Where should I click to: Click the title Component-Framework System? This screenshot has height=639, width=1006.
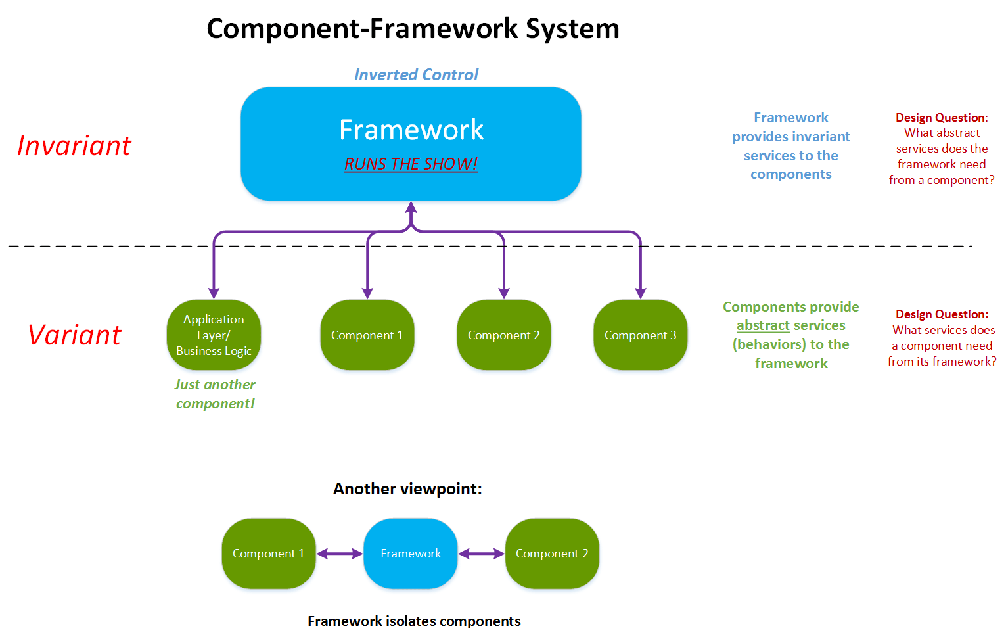point(413,30)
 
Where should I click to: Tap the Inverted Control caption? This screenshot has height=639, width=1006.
point(417,74)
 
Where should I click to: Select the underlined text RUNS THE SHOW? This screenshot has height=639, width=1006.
point(411,164)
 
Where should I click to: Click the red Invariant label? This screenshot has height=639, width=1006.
point(74,146)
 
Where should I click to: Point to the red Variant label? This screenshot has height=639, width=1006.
point(75,335)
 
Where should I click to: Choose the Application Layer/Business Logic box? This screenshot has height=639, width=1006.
point(214,335)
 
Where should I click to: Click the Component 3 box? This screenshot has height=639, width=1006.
point(640,335)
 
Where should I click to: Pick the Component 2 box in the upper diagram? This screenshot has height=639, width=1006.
point(503,335)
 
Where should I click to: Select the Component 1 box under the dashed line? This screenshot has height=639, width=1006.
point(367,335)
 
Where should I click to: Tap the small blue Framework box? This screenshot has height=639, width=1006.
point(411,554)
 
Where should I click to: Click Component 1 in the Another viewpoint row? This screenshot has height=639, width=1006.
point(268,554)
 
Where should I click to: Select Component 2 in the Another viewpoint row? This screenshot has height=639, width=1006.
point(552,554)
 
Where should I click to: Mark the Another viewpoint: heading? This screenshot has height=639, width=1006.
point(407,488)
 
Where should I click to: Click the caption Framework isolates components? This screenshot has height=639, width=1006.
point(414,621)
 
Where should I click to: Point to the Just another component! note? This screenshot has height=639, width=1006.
point(215,394)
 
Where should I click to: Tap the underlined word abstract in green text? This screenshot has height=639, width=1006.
point(763,325)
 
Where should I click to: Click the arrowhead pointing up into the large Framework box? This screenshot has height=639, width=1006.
point(411,208)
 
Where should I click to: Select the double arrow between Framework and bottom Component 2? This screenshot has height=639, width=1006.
point(481,554)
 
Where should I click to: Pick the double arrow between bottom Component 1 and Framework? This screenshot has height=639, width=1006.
point(340,554)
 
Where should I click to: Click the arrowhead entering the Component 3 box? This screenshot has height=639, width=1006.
point(641,293)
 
